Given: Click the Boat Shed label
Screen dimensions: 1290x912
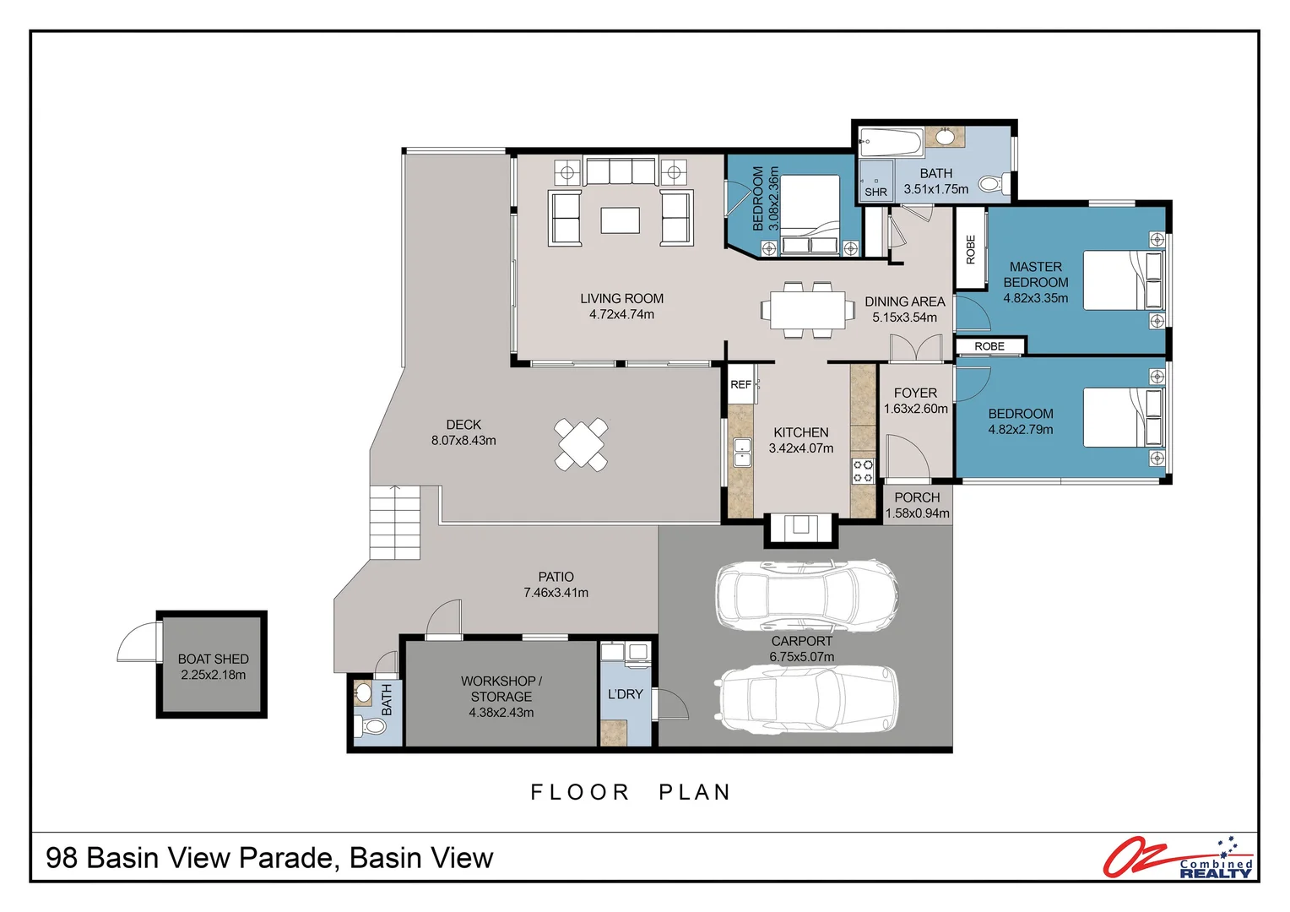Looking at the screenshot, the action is pos(213,659).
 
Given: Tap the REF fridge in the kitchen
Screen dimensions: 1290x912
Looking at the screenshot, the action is pos(740,383).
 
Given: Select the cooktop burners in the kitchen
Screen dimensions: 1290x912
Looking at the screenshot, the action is pos(863,470).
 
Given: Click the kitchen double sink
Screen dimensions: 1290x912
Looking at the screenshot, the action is pos(742,453).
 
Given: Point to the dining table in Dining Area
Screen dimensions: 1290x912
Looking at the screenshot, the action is pos(807,310).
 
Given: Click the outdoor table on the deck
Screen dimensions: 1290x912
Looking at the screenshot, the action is pos(581,445).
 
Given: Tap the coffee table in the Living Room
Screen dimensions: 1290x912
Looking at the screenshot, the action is pos(620,220).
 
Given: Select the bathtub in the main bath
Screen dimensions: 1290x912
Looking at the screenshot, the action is pos(891,142).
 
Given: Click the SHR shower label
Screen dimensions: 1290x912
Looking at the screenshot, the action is pos(875,192).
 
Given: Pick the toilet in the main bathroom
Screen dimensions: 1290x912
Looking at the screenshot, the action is pos(994,184).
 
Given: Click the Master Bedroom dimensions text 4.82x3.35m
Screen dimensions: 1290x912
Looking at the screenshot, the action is pos(1035,298).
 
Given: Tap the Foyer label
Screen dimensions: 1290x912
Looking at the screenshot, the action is pos(915,393).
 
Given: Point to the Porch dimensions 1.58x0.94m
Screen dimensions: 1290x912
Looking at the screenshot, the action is pos(917,513).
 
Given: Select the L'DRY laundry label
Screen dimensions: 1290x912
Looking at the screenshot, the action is pos(625,694).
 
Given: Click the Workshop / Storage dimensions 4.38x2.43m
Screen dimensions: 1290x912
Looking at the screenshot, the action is pos(501,713).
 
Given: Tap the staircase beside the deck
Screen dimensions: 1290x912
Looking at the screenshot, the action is pos(395,523).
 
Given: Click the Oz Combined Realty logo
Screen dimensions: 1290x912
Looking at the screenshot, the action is pos(1178,858).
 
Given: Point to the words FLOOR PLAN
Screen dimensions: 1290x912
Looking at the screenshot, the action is pos(631,792).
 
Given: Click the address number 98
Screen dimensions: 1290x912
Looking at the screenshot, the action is pos(62,858).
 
